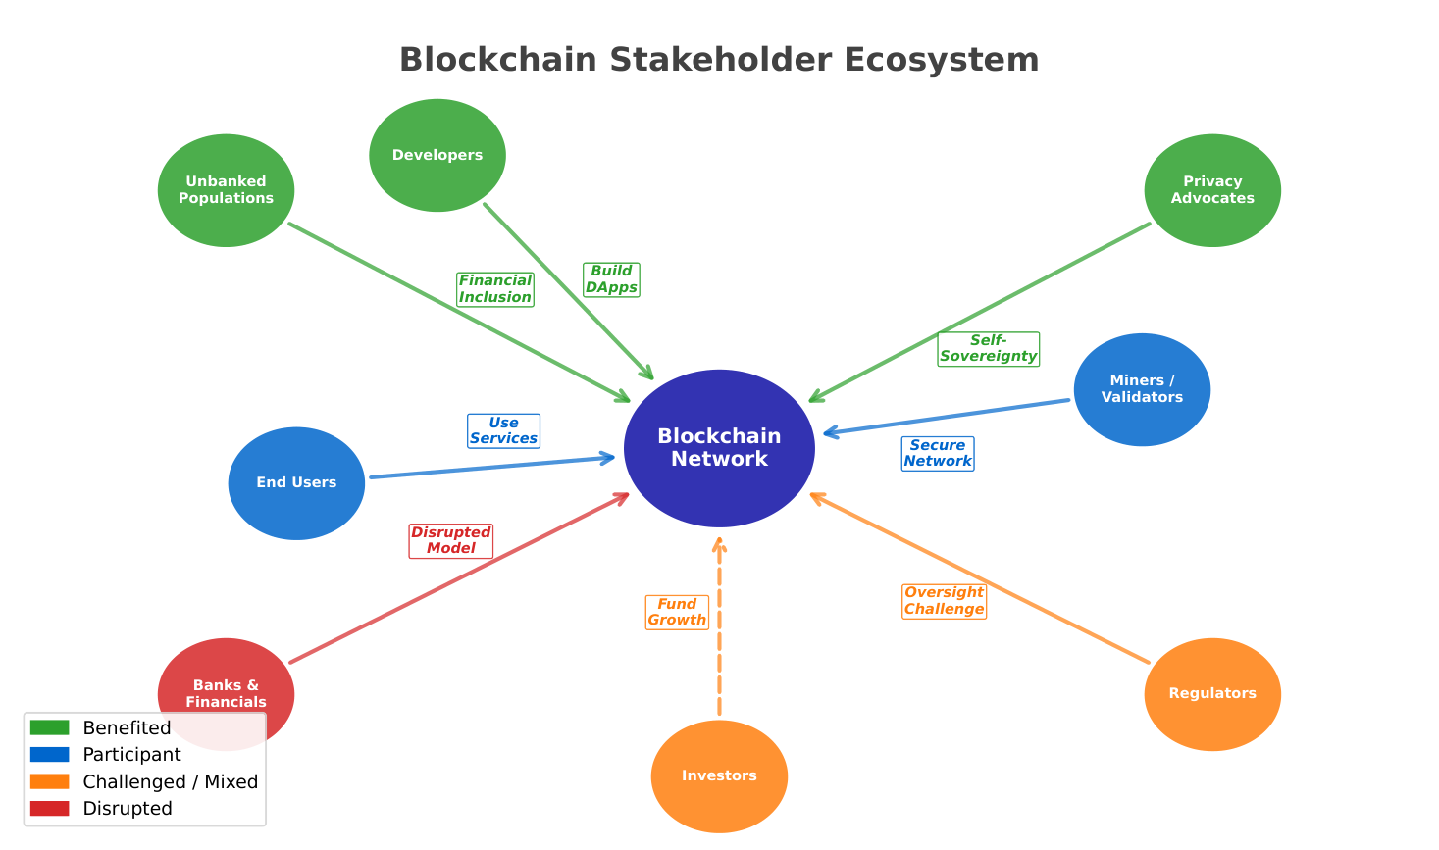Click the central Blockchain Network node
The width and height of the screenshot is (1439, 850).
pyautogui.click(x=719, y=448)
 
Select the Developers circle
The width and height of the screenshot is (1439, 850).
pyautogui.click(x=437, y=155)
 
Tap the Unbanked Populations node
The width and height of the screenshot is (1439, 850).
pyautogui.click(x=226, y=190)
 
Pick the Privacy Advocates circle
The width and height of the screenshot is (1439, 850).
pyautogui.click(x=1212, y=190)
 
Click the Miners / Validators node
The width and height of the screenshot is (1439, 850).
pyautogui.click(x=1142, y=389)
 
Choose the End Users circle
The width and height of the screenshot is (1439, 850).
pyautogui.click(x=296, y=483)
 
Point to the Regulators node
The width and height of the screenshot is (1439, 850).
pyautogui.click(x=1212, y=694)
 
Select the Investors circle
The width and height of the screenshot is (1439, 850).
pyautogui.click(x=719, y=775)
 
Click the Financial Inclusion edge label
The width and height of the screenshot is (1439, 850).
pyautogui.click(x=495, y=289)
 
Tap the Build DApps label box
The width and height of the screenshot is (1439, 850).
pyautogui.click(x=611, y=279)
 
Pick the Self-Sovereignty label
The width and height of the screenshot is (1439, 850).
pyautogui.click(x=988, y=349)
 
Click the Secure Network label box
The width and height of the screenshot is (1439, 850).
pyautogui.click(x=938, y=454)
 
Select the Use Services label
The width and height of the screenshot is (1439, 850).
pyautogui.click(x=503, y=431)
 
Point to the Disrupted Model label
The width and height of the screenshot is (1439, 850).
pyautogui.click(x=451, y=541)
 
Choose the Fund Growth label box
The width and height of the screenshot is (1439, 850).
pyautogui.click(x=677, y=613)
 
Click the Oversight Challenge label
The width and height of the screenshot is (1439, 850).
pyautogui.click(x=944, y=601)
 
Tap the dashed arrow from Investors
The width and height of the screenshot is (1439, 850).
pyautogui.click(x=719, y=647)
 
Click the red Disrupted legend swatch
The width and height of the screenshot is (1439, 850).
pyautogui.click(x=49, y=809)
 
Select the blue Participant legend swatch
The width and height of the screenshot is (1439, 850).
pyautogui.click(x=49, y=755)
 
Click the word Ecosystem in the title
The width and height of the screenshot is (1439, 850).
pyautogui.click(x=941, y=60)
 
